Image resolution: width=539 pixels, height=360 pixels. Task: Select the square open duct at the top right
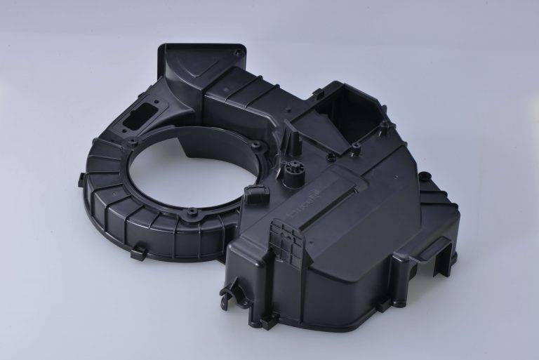click(x=336, y=116)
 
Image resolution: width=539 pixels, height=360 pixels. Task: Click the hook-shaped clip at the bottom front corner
click(x=229, y=294)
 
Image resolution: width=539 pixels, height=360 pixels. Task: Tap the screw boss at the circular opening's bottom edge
click(x=190, y=211)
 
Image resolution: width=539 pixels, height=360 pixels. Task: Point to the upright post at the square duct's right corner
click(x=384, y=127)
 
